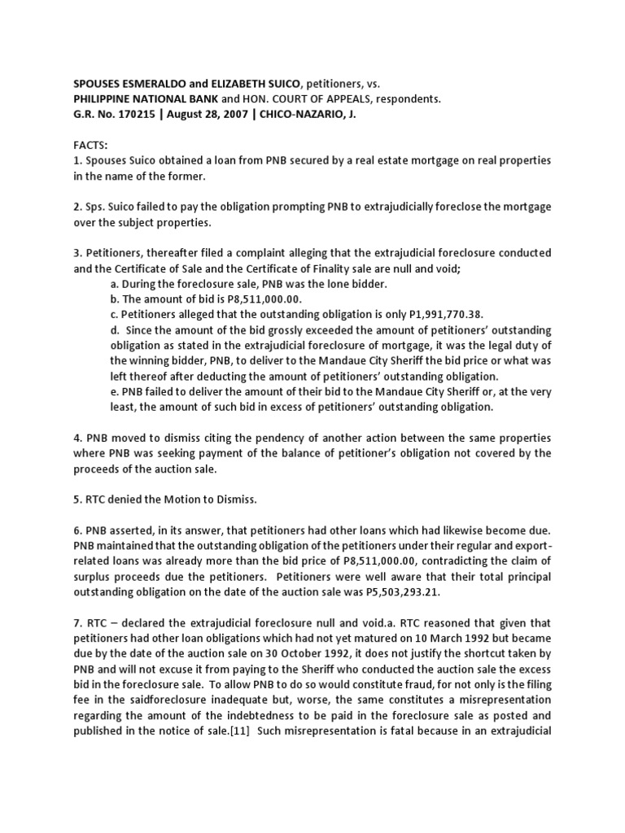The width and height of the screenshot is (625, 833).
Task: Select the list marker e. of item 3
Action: (x=115, y=391)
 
